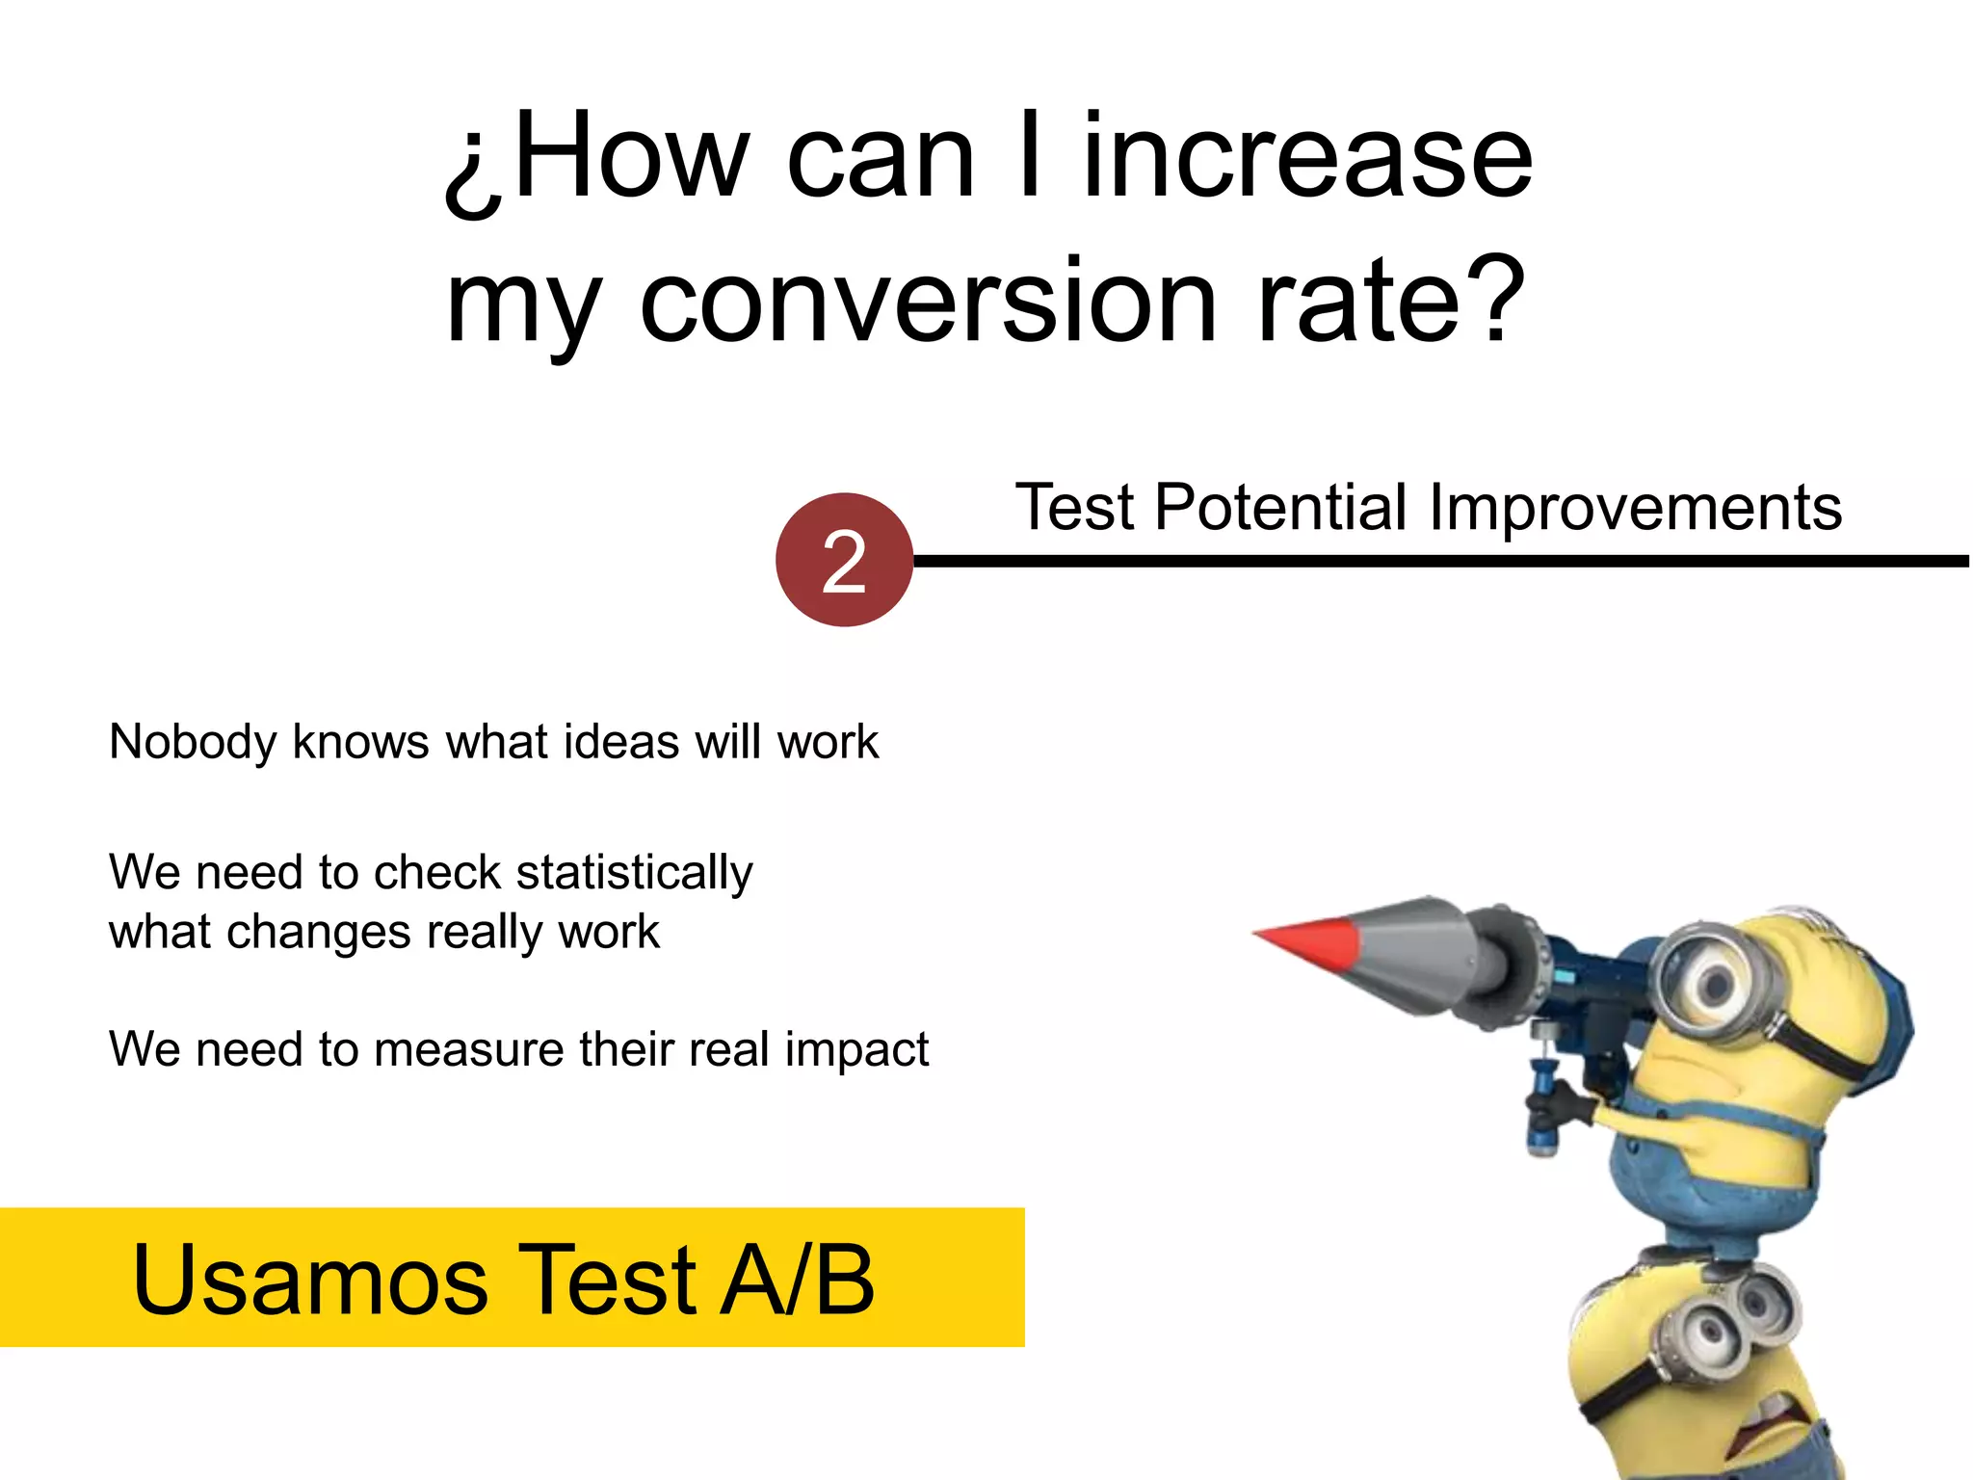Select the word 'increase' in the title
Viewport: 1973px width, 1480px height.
1307,157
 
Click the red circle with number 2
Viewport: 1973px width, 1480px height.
844,561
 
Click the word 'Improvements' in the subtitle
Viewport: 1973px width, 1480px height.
1635,508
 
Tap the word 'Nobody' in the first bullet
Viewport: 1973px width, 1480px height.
193,743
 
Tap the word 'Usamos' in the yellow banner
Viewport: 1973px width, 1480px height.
310,1280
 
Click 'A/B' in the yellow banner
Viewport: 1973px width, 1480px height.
798,1280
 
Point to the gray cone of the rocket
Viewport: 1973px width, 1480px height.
1416,949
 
